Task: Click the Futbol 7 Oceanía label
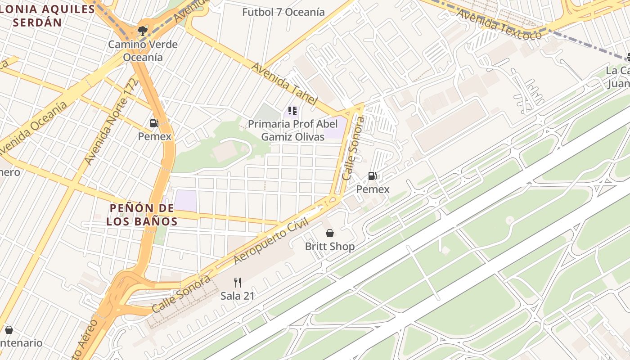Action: coord(283,12)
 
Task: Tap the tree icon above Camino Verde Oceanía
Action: coord(143,31)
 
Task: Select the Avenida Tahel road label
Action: coord(284,84)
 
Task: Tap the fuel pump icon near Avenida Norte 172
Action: coord(154,123)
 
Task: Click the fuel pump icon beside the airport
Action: coord(373,176)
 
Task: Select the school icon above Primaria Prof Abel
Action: coord(292,111)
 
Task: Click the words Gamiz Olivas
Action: coord(292,137)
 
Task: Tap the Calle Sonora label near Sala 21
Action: coord(181,294)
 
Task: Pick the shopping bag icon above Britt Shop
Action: coord(330,233)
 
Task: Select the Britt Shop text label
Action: coord(330,247)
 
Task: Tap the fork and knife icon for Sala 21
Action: coord(238,283)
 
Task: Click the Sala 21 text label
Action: coord(238,296)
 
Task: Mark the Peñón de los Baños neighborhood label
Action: coord(142,215)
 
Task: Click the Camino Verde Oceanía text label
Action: coord(143,51)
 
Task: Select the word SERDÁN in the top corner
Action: coord(38,22)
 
